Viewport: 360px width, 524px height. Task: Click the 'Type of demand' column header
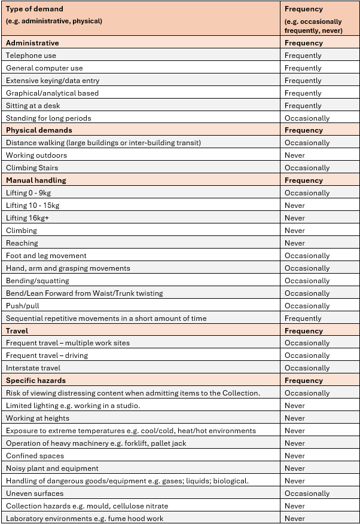pyautogui.click(x=35, y=10)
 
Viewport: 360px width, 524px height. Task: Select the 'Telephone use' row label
pyautogui.click(x=31, y=56)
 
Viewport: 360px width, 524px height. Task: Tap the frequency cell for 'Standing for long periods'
pyautogui.click(x=307, y=118)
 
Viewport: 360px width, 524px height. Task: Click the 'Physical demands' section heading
pyautogui.click(x=39, y=130)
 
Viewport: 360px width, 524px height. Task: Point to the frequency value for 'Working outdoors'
pyautogui.click(x=295, y=155)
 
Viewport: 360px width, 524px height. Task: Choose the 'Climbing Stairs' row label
pyautogui.click(x=32, y=168)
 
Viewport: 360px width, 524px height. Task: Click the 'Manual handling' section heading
pyautogui.click(x=36, y=180)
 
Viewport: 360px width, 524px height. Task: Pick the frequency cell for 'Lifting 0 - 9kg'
pyautogui.click(x=307, y=193)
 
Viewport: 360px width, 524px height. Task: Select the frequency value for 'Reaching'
pyautogui.click(x=295, y=243)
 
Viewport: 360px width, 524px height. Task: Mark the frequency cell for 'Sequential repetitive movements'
pyautogui.click(x=303, y=318)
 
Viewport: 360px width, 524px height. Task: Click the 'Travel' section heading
pyautogui.click(x=17, y=331)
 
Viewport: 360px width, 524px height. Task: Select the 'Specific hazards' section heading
pyautogui.click(x=36, y=381)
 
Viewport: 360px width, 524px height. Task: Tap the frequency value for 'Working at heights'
pyautogui.click(x=295, y=418)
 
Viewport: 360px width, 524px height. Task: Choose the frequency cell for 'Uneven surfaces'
pyautogui.click(x=307, y=494)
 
